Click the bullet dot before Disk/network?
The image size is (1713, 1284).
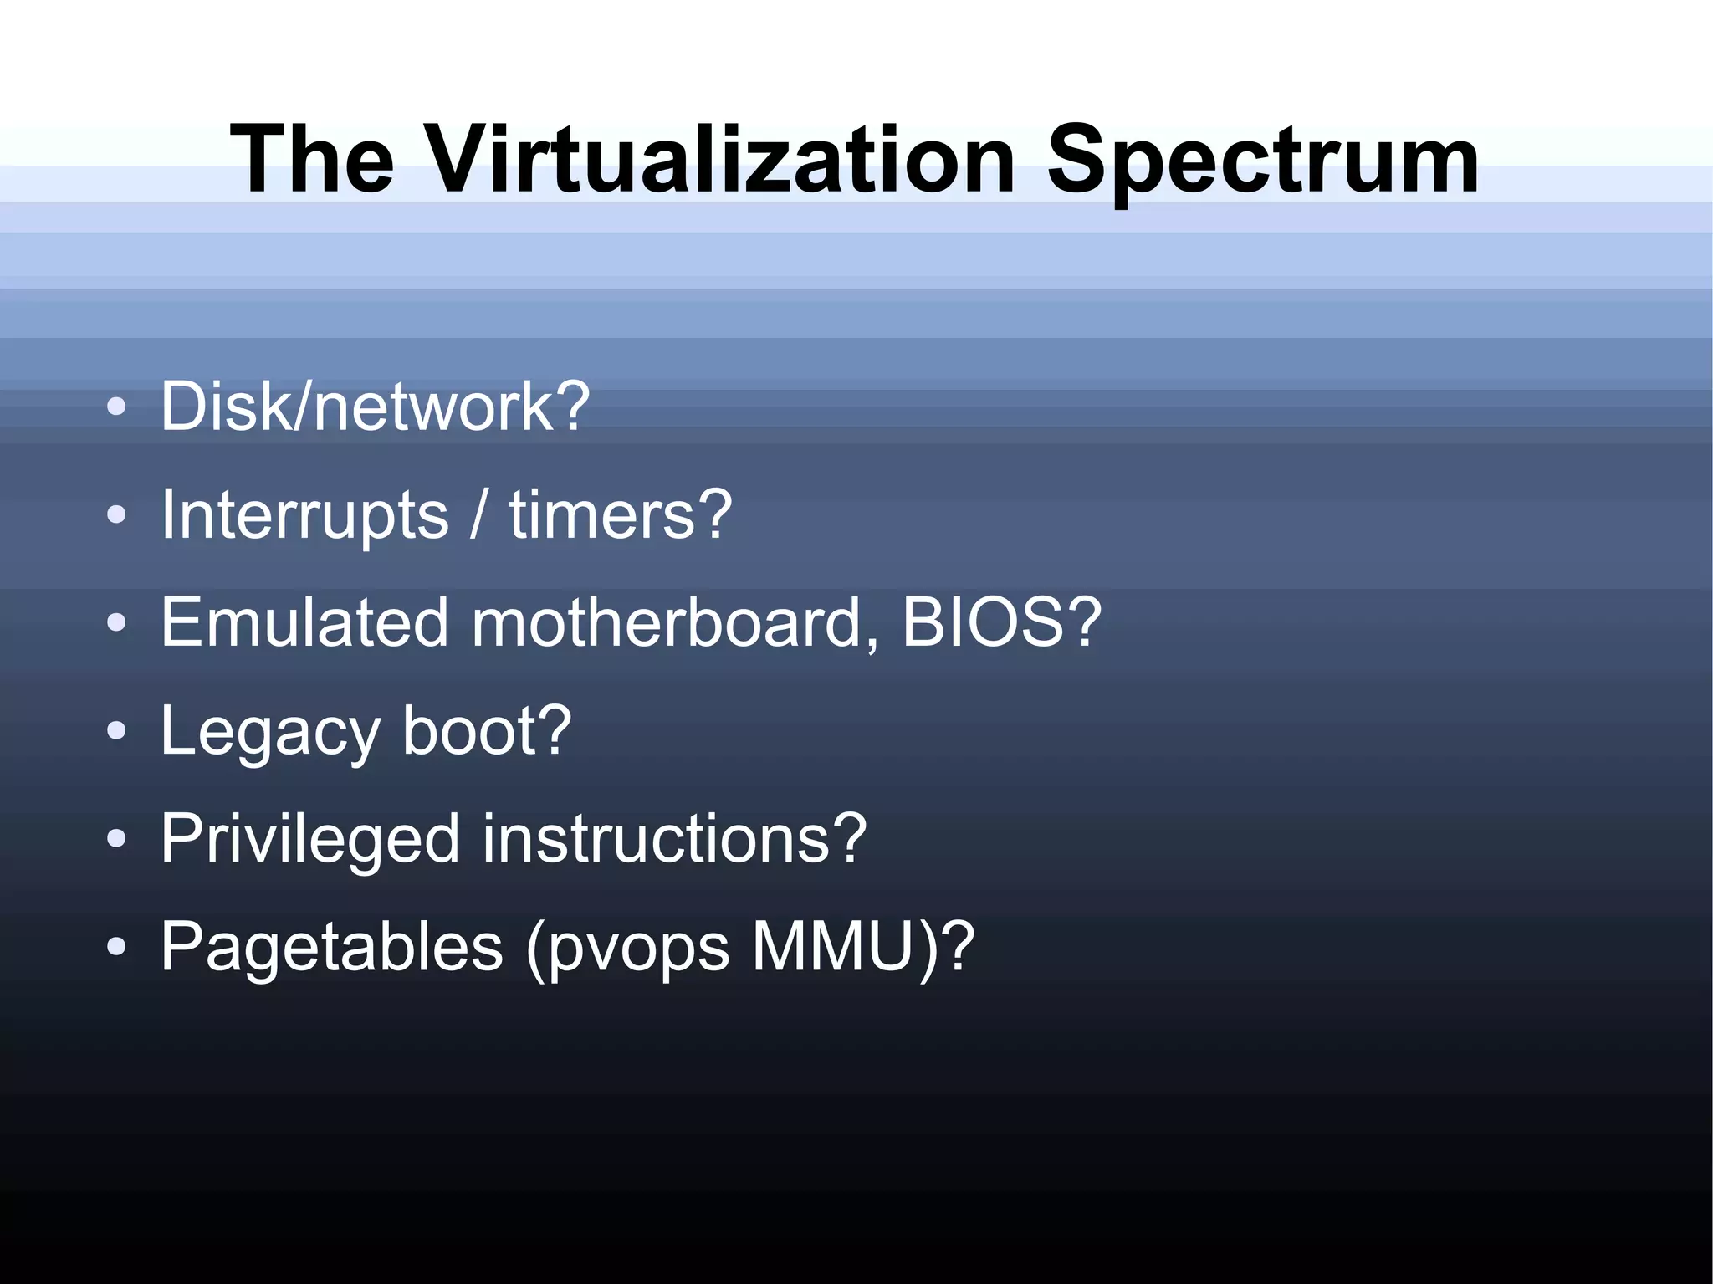116,407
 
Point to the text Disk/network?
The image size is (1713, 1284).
375,407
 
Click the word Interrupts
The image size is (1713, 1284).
304,516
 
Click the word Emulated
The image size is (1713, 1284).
304,622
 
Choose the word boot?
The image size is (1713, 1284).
487,730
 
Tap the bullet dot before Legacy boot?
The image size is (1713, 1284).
116,731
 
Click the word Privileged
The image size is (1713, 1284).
310,840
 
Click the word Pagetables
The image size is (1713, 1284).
332,948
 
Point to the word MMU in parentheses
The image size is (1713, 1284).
832,947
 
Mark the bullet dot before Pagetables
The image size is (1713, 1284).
116,947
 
